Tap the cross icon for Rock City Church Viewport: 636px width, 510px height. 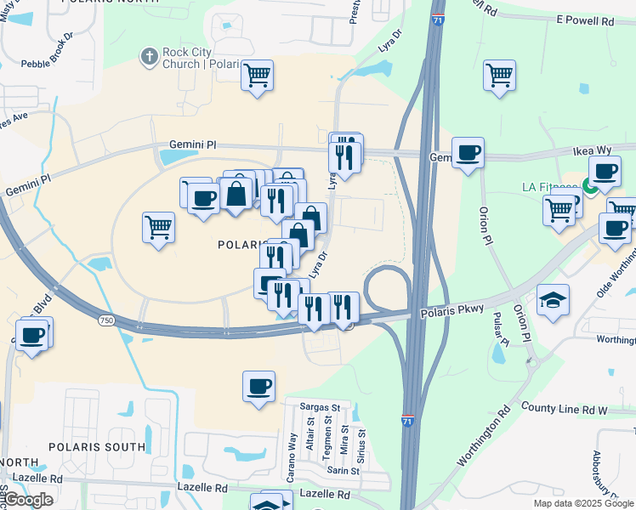point(149,57)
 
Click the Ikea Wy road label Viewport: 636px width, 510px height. point(592,150)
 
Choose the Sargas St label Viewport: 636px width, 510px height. point(321,408)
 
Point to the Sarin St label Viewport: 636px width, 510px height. point(344,470)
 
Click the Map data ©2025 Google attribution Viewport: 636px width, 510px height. point(582,503)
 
